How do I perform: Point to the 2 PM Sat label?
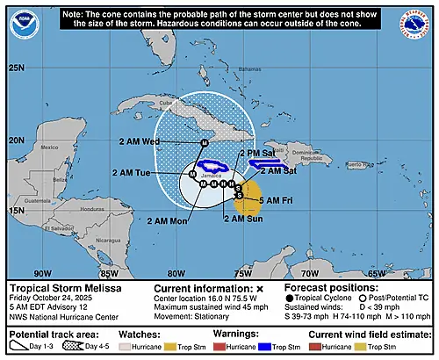point(257,152)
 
